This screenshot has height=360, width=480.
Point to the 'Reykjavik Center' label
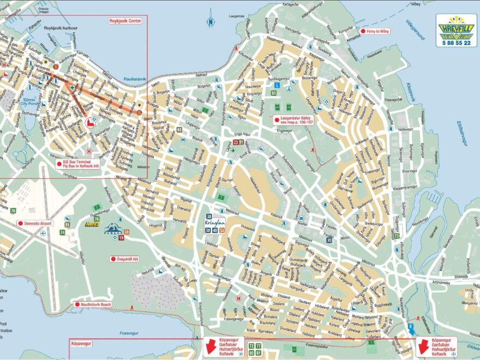coord(125,21)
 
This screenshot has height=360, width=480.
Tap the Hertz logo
coord(92,224)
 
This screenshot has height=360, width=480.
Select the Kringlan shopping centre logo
coord(215,224)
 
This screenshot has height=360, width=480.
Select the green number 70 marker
coord(13,211)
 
